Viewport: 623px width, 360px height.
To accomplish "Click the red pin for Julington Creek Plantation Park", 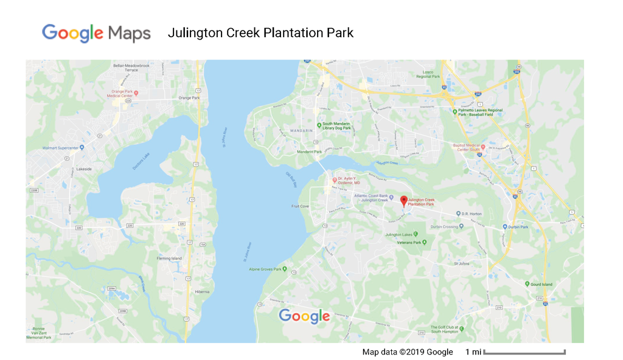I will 403,201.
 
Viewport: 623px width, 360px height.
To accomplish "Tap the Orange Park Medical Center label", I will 120,94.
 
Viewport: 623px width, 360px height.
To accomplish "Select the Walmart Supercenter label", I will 61,148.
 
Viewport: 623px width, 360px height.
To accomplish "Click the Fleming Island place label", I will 169,258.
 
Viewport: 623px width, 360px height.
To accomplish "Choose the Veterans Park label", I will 409,243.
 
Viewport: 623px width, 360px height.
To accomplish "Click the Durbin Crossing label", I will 444,227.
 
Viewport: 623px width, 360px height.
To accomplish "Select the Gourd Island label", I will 541,284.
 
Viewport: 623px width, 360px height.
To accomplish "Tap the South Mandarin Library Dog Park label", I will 336,126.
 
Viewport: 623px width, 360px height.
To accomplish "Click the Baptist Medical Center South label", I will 467,148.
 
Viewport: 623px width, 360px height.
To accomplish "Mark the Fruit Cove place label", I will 301,206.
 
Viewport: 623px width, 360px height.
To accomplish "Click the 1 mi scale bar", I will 524,352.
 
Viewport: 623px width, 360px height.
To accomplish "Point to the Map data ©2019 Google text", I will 408,352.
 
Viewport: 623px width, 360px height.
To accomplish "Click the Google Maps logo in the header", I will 96,33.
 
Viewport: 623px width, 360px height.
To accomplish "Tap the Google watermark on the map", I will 304,316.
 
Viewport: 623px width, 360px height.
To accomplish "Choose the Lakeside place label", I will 84,169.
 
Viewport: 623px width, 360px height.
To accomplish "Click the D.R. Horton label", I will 472,213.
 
